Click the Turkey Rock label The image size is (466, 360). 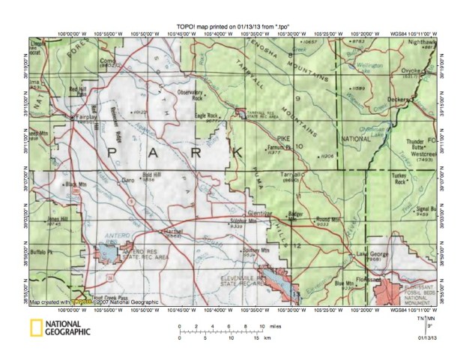pos(405,180)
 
